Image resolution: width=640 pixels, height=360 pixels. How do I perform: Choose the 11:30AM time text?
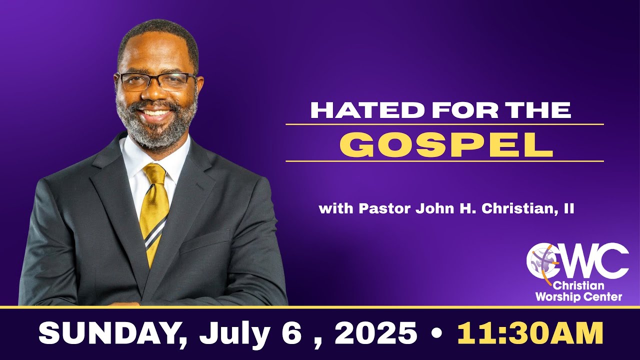point(530,333)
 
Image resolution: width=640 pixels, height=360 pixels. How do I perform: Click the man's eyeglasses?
point(156,81)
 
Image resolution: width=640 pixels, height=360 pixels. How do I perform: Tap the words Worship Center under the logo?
point(578,297)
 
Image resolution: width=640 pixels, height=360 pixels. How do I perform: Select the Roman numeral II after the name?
point(568,209)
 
